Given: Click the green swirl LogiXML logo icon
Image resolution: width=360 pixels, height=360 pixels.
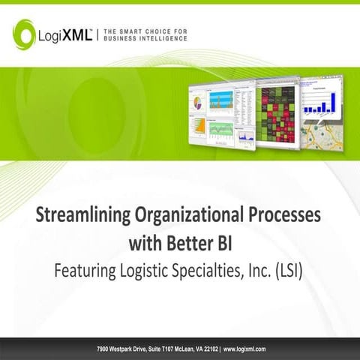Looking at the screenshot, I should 24,33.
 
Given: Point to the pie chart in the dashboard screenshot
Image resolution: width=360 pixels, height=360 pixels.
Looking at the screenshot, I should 199,100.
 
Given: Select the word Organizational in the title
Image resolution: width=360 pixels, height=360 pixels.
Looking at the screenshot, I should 184,214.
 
